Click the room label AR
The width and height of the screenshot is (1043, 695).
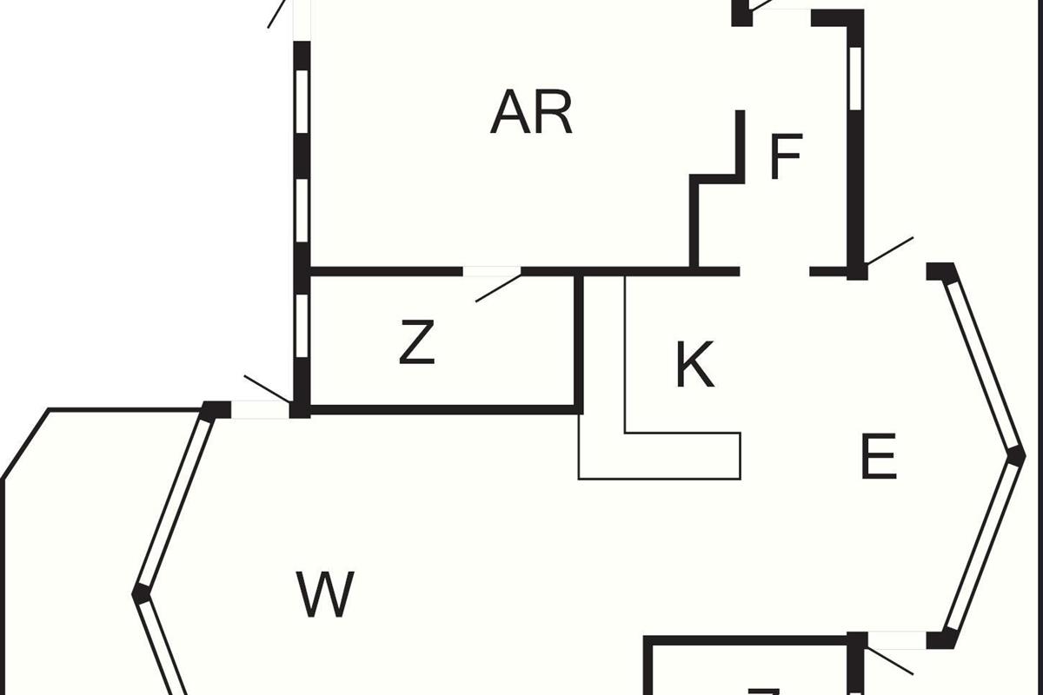point(531,113)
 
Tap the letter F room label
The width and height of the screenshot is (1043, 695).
point(786,157)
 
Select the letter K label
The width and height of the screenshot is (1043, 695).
point(694,366)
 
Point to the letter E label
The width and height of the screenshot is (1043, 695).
point(878,458)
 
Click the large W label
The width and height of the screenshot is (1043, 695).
point(325,594)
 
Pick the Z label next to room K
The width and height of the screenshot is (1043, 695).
point(417,343)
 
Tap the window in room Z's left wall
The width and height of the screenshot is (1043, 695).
point(302,326)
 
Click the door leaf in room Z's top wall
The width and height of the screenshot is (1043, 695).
point(497,288)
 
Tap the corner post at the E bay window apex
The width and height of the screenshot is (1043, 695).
point(1015,454)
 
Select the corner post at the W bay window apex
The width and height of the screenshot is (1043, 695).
point(140,594)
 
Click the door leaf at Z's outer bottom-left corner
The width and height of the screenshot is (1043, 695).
point(267,390)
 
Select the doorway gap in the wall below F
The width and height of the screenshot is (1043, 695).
point(774,272)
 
